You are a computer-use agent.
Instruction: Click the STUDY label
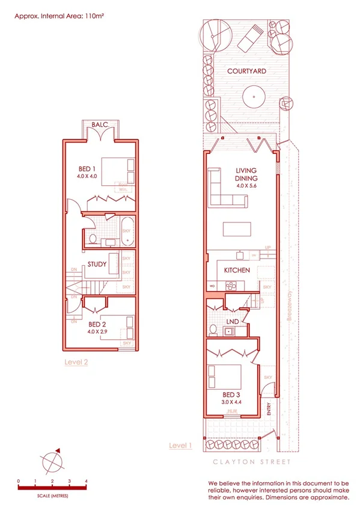[x=97, y=265]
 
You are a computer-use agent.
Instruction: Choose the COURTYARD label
[x=246, y=72]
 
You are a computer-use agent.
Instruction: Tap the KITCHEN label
[x=237, y=271]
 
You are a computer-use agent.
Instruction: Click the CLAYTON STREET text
[x=251, y=462]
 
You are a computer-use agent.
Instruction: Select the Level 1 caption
[x=180, y=446]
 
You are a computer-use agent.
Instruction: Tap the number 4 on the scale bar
[x=87, y=481]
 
